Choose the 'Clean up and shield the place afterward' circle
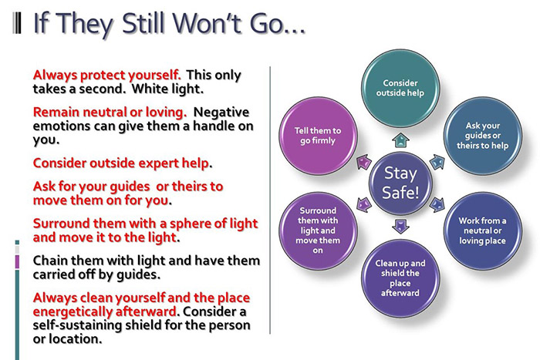pyautogui.click(x=400, y=275)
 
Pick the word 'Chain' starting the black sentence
pyautogui.click(x=51, y=261)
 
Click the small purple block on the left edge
pyautogui.click(x=18, y=262)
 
